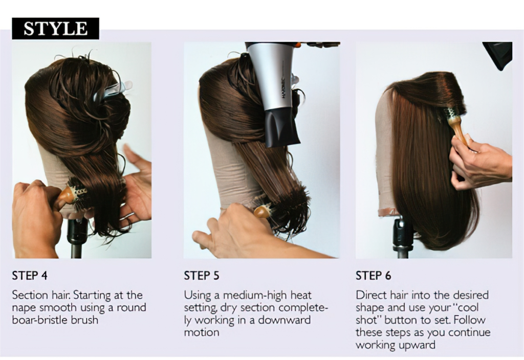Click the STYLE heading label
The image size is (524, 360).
click(x=55, y=29)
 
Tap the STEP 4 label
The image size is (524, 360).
click(x=30, y=276)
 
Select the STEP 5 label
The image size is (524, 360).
click(x=202, y=276)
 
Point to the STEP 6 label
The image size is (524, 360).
click(x=374, y=276)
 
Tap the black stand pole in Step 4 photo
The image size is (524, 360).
click(x=77, y=240)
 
